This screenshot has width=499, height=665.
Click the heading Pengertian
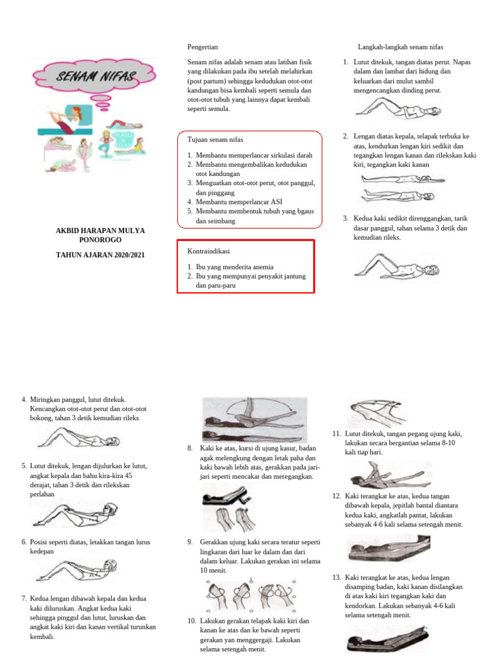[x=202, y=47]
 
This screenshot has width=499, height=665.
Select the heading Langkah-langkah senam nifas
[x=400, y=47]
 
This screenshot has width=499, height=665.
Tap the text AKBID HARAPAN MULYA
[x=101, y=231]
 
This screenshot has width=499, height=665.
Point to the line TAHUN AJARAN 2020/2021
[x=101, y=255]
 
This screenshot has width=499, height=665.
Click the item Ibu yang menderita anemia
[x=235, y=267]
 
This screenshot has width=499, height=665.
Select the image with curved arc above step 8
[x=254, y=420]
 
